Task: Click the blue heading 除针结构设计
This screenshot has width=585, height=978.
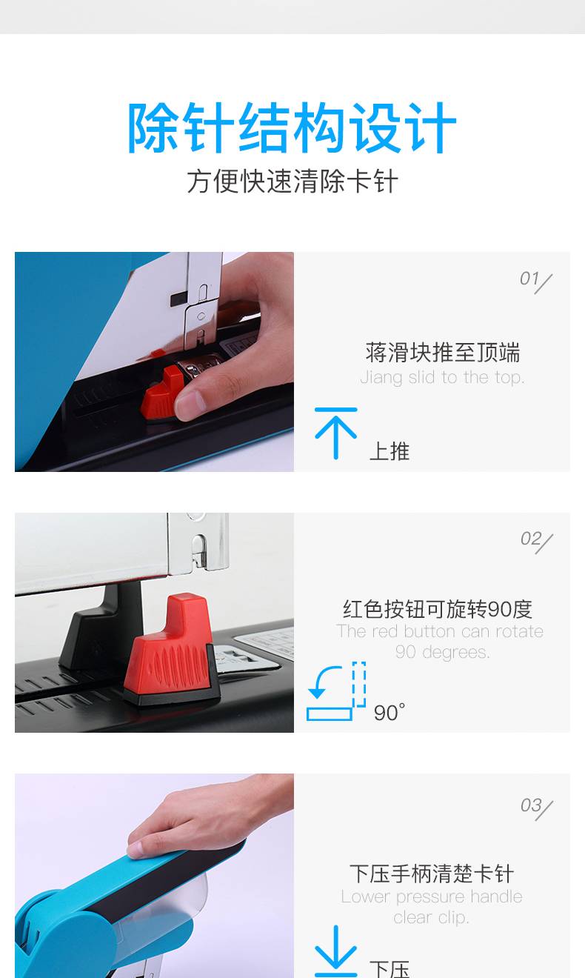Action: (x=292, y=127)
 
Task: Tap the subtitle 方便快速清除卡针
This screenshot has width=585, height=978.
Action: (x=292, y=182)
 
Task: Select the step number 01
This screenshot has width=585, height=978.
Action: (x=529, y=279)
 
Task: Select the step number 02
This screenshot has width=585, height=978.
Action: (x=531, y=539)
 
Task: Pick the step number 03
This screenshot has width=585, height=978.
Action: (x=531, y=805)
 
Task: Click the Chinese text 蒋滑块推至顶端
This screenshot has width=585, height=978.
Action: (x=443, y=353)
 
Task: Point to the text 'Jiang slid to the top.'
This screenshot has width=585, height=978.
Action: (x=442, y=377)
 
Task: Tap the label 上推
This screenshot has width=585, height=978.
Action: (x=389, y=451)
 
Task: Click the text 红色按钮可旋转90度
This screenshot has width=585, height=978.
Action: (x=438, y=609)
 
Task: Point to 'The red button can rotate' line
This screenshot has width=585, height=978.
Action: (x=440, y=631)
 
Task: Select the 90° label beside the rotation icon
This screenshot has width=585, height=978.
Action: (x=389, y=713)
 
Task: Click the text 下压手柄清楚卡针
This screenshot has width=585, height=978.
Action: (x=432, y=874)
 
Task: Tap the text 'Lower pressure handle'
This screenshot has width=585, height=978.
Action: (x=432, y=897)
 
